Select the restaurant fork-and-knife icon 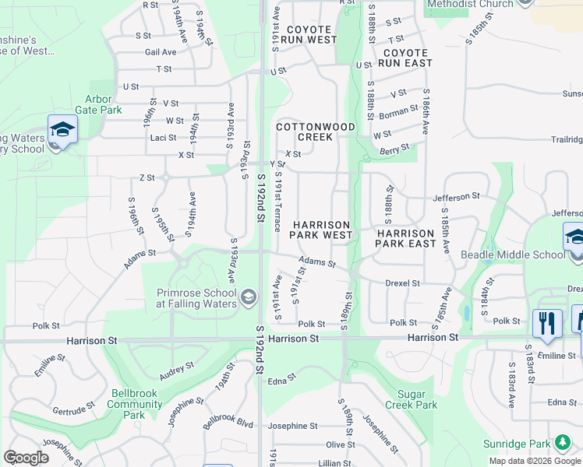pos(546,323)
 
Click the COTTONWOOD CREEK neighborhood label pos(316,132)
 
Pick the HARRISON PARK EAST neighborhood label pos(405,238)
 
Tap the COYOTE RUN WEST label pos(309,34)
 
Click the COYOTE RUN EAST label pos(406,58)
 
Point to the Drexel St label pos(402,283)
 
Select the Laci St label pos(163,138)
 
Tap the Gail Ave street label pos(161,52)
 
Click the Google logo pos(26,458)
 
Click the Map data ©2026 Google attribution pos(534,461)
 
